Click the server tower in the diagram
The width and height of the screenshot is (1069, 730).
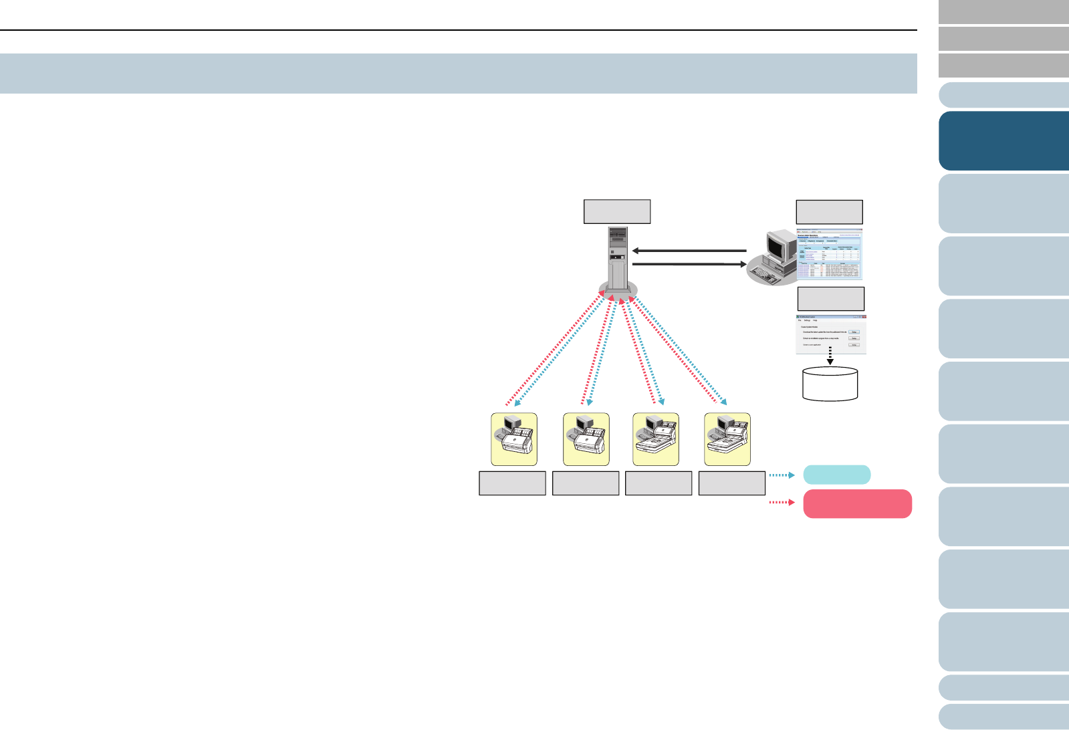tap(618, 257)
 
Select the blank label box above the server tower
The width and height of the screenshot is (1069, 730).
tap(617, 211)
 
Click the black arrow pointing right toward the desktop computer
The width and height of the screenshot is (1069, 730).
tap(689, 265)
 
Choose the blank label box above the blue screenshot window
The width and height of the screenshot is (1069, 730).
tap(829, 212)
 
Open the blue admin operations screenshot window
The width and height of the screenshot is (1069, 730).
tap(829, 255)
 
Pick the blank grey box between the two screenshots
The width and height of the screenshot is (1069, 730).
tap(831, 298)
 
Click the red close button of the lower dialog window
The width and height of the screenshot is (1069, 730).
tap(862, 317)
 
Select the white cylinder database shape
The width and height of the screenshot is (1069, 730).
tap(830, 384)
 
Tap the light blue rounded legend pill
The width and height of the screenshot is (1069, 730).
tap(836, 475)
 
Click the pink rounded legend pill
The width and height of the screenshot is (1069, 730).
tap(857, 503)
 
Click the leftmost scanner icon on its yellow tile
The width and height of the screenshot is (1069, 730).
tap(514, 439)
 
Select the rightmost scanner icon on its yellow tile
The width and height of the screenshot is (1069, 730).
tap(727, 439)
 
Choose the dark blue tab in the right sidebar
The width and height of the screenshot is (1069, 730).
tap(1003, 141)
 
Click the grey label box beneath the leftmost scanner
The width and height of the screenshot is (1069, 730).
tap(513, 483)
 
